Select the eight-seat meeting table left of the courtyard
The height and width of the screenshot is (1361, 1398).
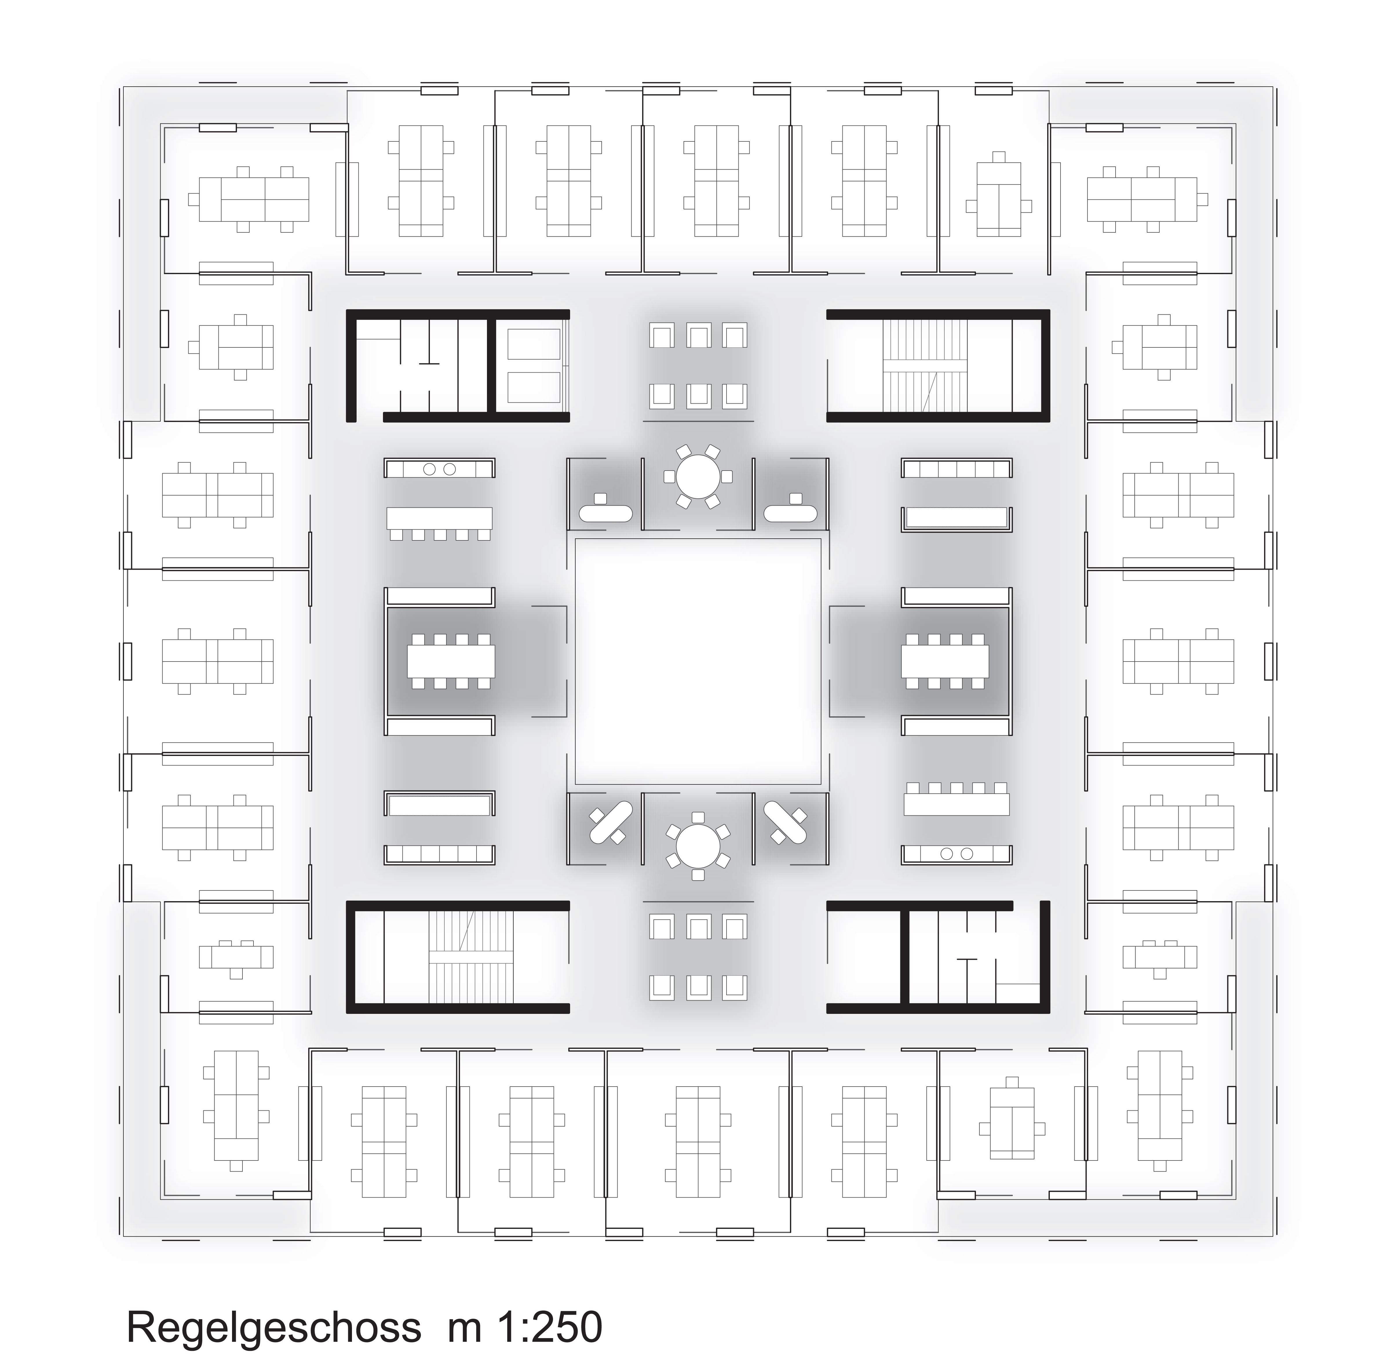pyautogui.click(x=451, y=661)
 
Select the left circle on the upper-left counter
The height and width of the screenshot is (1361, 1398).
pyautogui.click(x=430, y=470)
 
